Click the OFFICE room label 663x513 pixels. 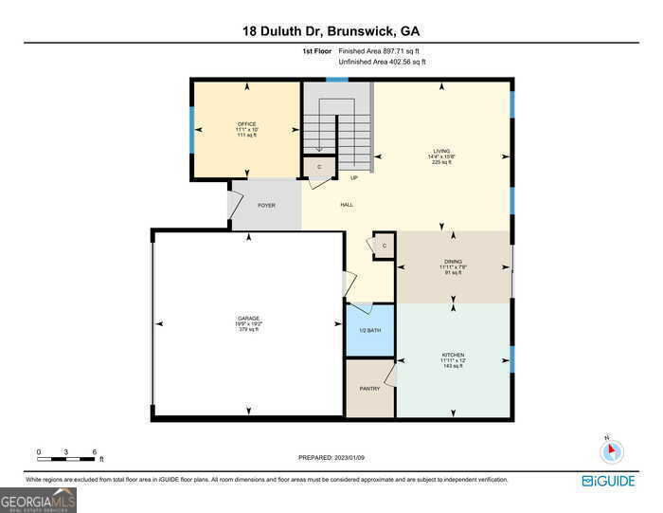[246, 124]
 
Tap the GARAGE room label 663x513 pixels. [248, 319]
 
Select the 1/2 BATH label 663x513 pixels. [368, 330]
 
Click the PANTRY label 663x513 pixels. [369, 389]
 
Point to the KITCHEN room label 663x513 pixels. [452, 355]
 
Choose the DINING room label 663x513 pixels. [452, 261]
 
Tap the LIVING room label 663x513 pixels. [441, 151]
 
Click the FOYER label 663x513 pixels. [266, 205]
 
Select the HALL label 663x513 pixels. [347, 205]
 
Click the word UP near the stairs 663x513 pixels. [354, 177]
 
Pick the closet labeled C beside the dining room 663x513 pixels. [384, 246]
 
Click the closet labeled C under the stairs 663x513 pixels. [318, 167]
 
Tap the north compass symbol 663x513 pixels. [612, 451]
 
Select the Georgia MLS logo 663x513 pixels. [38, 499]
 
